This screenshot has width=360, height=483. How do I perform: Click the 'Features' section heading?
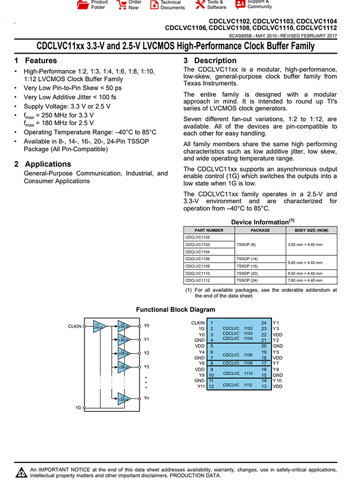40,60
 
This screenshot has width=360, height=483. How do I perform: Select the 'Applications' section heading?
48,164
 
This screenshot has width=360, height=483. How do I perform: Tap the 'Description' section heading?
215,60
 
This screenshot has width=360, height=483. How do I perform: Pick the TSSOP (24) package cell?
248,280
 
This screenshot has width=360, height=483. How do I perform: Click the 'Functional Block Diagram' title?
176,310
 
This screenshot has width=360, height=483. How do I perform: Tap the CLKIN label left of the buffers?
75,326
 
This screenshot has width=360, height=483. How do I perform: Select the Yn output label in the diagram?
146,398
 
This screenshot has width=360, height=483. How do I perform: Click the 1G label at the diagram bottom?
78,407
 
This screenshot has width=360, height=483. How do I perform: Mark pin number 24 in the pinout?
264,323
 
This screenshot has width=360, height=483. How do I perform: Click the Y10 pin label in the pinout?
277,381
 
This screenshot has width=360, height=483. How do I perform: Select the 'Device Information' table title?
259,222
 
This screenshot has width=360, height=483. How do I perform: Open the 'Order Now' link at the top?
134,5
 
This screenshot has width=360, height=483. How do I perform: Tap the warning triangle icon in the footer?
21,472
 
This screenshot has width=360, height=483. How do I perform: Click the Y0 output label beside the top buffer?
146,326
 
